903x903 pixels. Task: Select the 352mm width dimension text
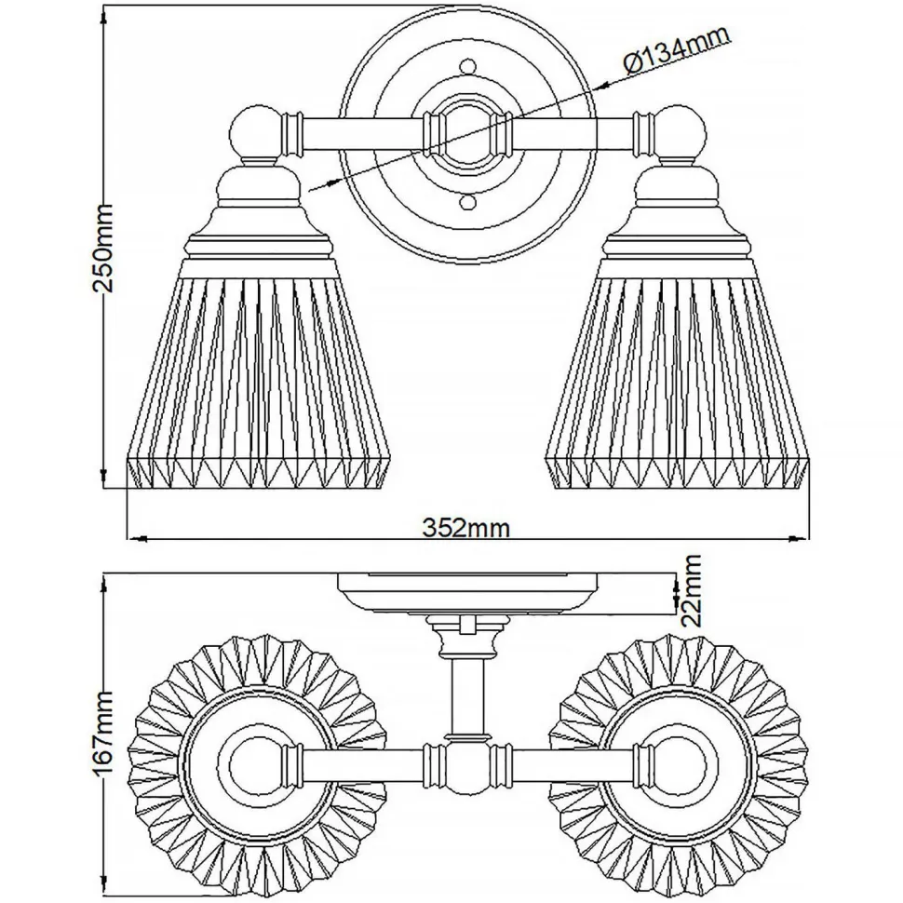tap(466, 528)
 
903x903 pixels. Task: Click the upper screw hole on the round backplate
tap(467, 66)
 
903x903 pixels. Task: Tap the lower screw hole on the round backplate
tap(467, 202)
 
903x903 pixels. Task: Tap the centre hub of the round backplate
tap(467, 133)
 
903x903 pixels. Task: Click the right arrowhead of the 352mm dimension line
tap(800, 538)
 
